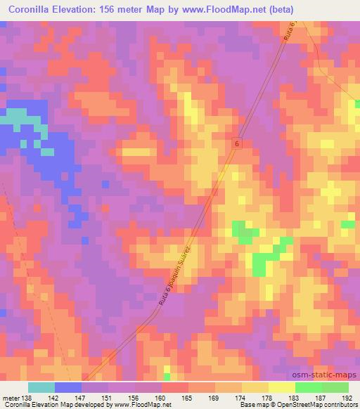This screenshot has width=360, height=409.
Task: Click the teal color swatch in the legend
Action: tap(41, 387)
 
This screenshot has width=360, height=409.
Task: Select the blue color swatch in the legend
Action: tap(68, 387)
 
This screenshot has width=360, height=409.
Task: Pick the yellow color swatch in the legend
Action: tap(281, 387)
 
